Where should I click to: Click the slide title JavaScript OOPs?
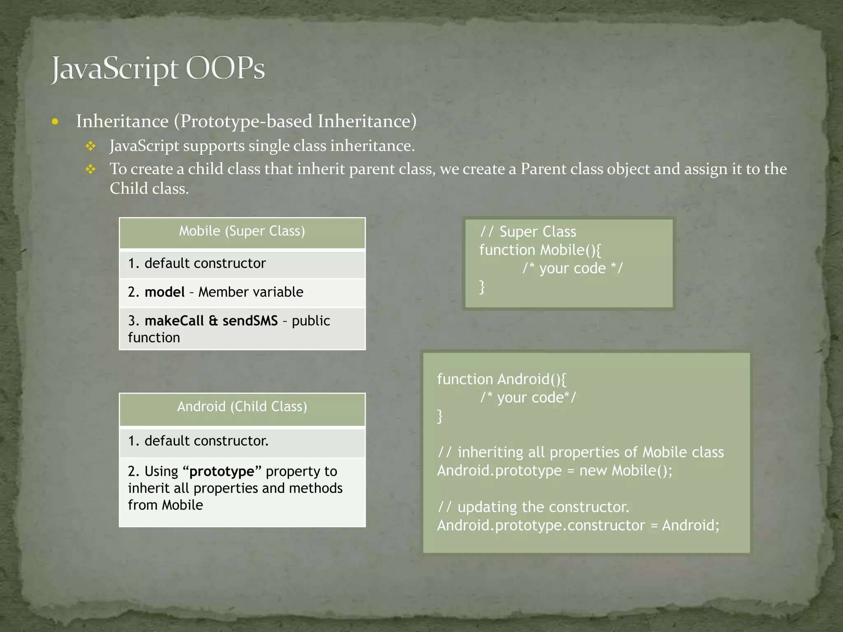(158, 69)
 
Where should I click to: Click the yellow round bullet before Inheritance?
(55, 122)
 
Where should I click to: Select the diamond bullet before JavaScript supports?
(91, 146)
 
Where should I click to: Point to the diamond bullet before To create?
(91, 169)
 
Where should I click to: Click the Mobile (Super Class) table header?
(242, 231)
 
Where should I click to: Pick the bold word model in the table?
(165, 292)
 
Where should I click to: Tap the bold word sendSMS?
(250, 321)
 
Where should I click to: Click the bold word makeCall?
(174, 321)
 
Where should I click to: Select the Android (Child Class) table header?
(242, 407)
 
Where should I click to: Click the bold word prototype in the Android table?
(222, 472)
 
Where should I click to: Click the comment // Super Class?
(528, 232)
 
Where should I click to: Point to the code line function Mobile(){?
(540, 250)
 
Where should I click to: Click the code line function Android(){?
(502, 379)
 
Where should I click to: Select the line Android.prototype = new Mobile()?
(554, 471)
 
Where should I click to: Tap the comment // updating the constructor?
(533, 507)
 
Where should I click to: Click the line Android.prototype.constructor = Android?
(578, 525)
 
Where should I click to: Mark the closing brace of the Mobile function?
(482, 287)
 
